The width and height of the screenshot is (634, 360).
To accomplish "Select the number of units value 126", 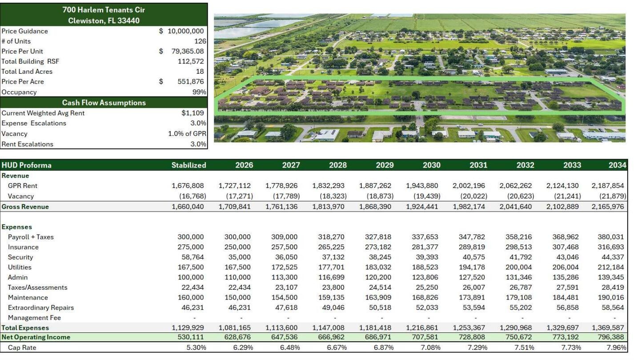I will click(x=200, y=41).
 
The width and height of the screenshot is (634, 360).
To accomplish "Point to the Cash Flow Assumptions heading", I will click(x=104, y=103).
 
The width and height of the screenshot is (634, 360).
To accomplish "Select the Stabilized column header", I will click(x=189, y=165).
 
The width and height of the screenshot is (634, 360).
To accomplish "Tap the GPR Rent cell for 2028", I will click(x=329, y=186).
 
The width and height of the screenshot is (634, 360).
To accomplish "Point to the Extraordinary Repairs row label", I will click(x=41, y=308).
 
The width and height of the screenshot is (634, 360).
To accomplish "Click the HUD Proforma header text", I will click(x=27, y=165).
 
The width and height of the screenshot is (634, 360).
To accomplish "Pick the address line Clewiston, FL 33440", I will click(x=104, y=20).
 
